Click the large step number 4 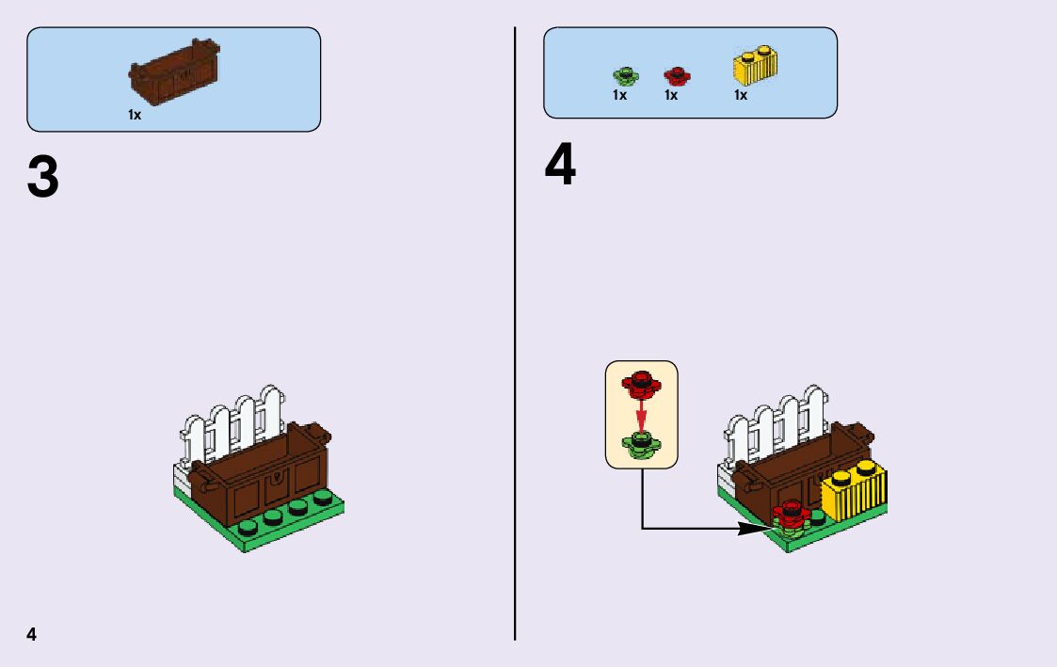(560, 167)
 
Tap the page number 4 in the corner (32, 633)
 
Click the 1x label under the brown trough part (135, 115)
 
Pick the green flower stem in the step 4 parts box (621, 75)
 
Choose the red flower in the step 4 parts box (675, 75)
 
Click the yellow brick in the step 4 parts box (754, 66)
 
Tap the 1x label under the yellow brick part (741, 95)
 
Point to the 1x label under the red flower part (671, 95)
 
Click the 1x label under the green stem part (619, 95)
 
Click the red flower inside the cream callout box (641, 382)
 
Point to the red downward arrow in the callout (641, 413)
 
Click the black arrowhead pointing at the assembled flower (753, 529)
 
